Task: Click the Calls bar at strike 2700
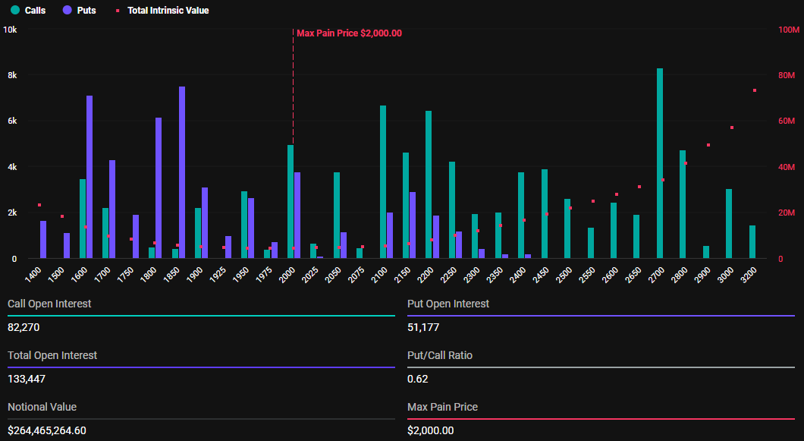(x=660, y=163)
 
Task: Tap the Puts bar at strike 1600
(x=90, y=177)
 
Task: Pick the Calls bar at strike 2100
(x=383, y=182)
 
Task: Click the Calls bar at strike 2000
(x=291, y=202)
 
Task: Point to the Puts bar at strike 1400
(x=43, y=240)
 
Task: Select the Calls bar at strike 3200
(x=752, y=242)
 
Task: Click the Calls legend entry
(x=29, y=11)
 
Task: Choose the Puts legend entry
(x=80, y=11)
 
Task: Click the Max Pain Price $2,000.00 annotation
(x=349, y=33)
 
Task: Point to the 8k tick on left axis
(x=12, y=76)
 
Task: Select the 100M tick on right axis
(x=787, y=30)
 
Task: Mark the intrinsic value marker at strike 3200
(x=755, y=90)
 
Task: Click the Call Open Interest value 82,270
(x=24, y=327)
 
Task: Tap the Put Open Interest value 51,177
(x=423, y=327)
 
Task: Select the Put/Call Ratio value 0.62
(x=416, y=379)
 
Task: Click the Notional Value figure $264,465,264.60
(x=47, y=430)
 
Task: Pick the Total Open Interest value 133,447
(x=27, y=379)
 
